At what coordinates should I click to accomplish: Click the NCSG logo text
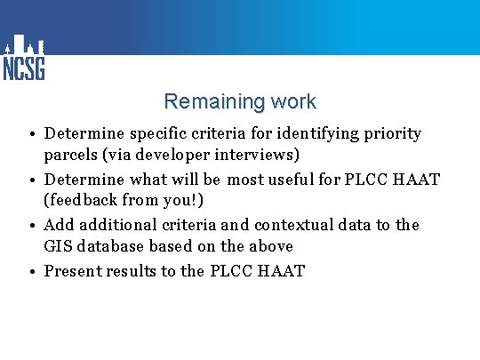24,68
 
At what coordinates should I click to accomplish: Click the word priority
393,134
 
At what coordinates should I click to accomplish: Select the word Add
59,225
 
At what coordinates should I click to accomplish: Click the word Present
73,270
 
